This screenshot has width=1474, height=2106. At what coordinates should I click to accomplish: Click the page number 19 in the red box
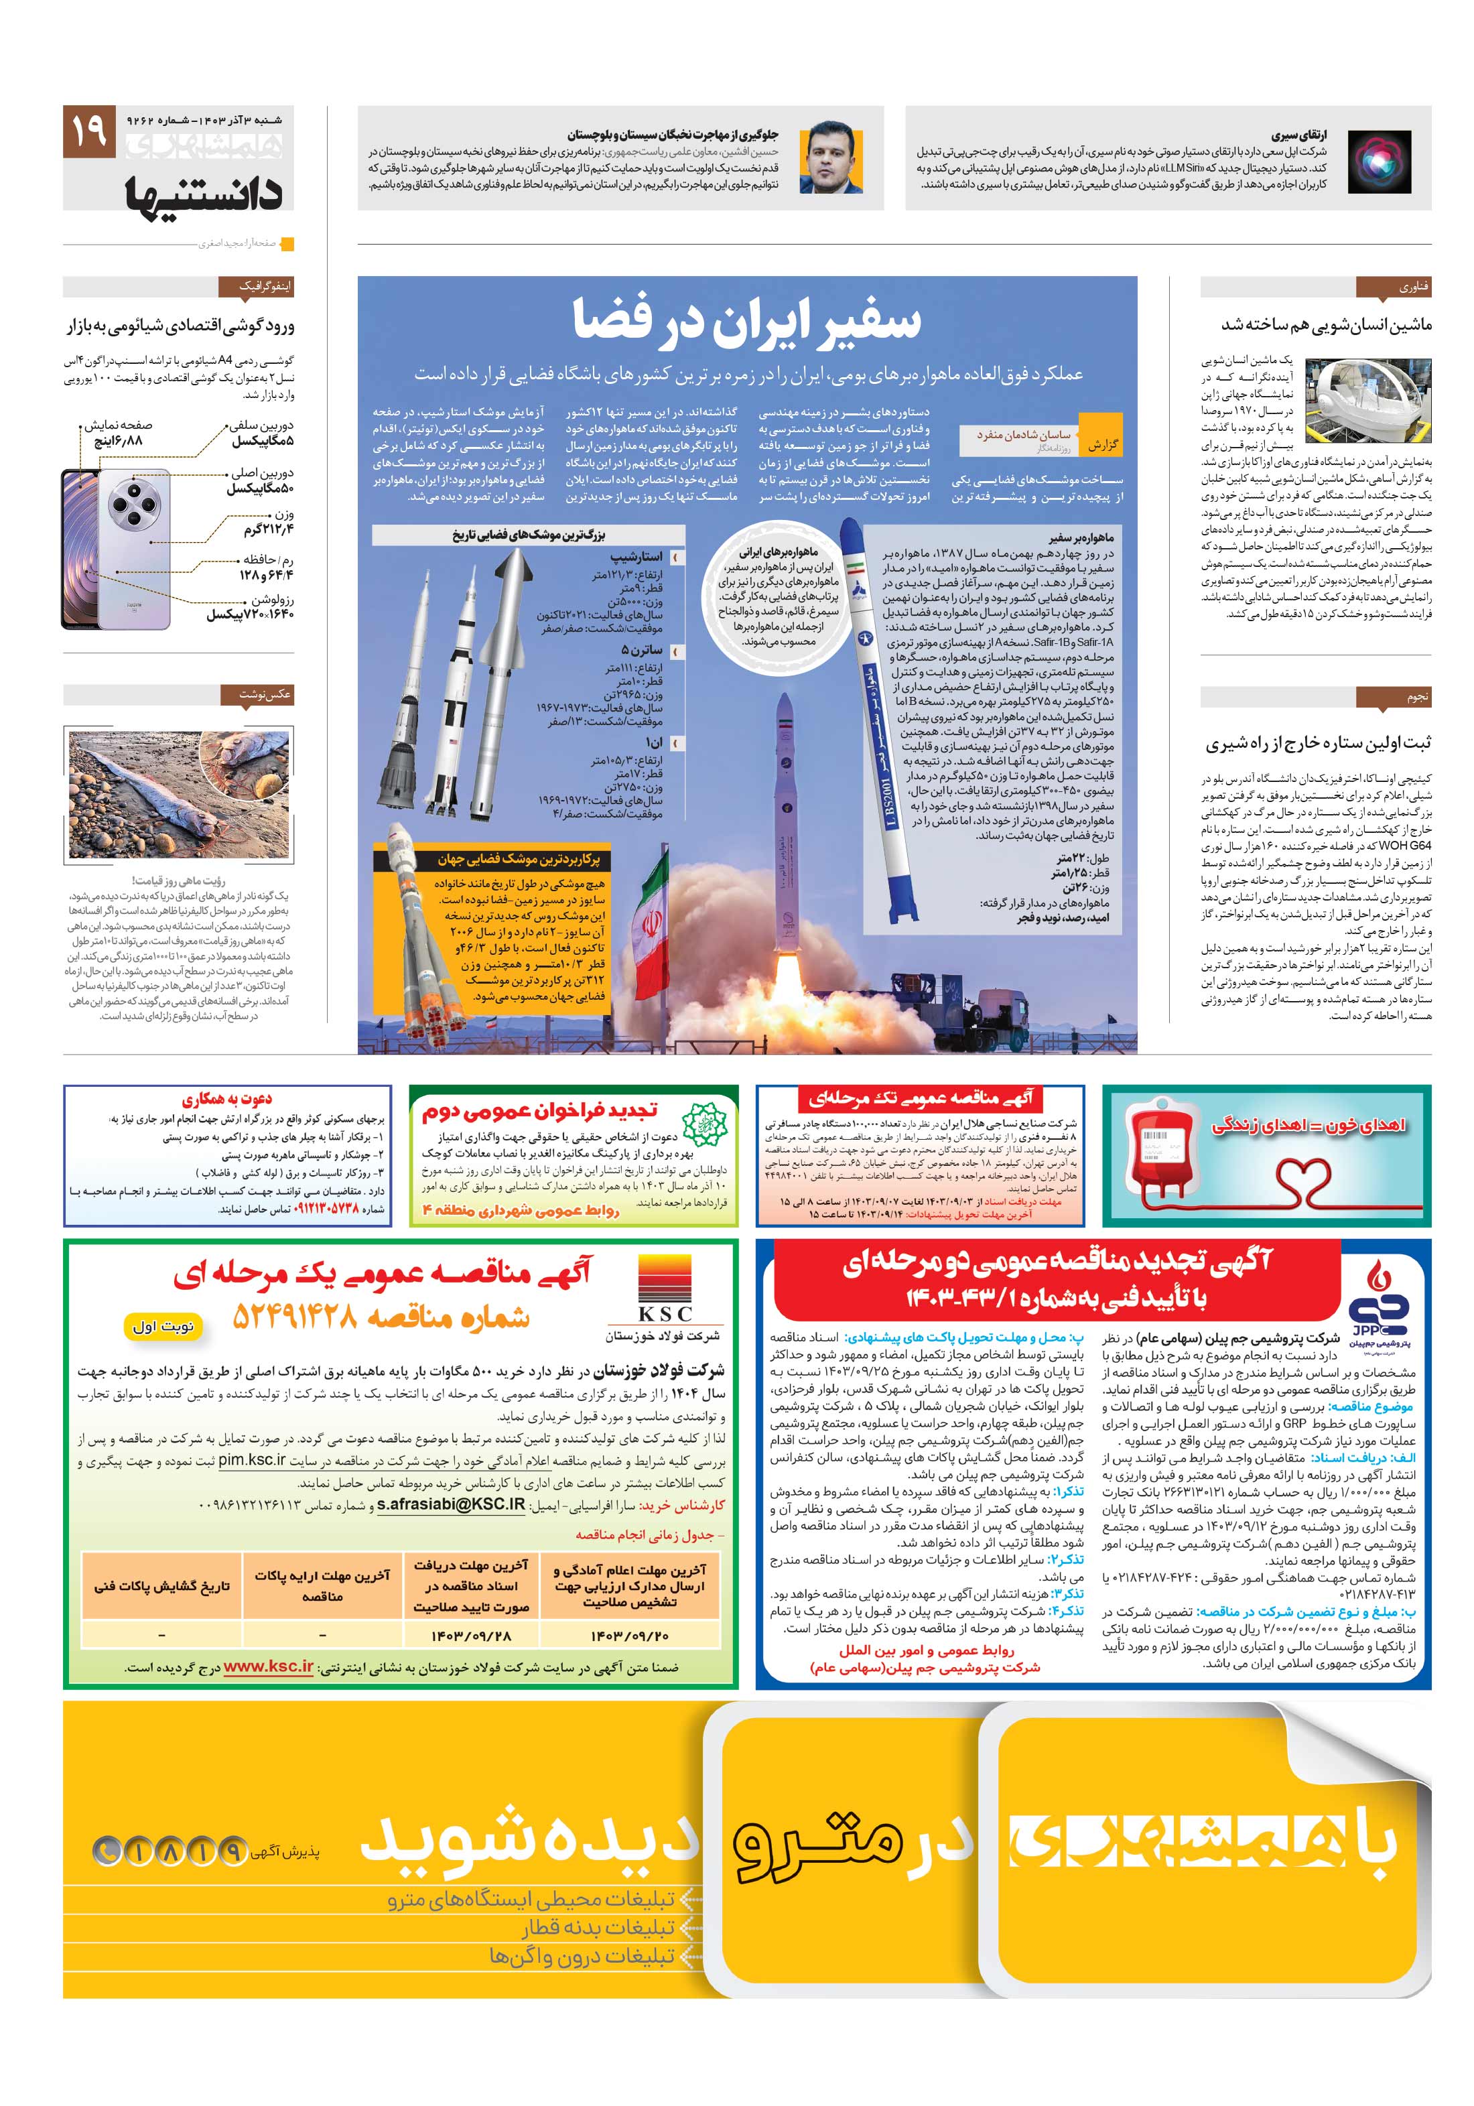[x=89, y=131]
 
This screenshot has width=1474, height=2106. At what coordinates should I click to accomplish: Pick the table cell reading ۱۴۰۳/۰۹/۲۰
[x=629, y=1634]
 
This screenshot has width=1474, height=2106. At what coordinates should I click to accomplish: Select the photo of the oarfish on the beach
[x=179, y=793]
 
